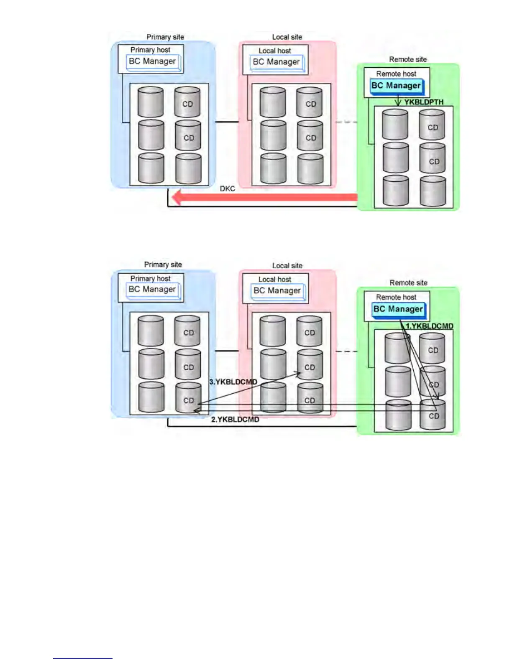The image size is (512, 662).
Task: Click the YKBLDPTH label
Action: click(x=423, y=102)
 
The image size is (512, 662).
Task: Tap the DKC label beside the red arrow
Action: click(x=228, y=189)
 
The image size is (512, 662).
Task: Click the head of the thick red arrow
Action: click(x=177, y=197)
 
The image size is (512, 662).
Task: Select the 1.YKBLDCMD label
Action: click(x=429, y=326)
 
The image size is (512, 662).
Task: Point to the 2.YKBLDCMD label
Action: click(x=235, y=420)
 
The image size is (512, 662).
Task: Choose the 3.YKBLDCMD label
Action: click(x=233, y=382)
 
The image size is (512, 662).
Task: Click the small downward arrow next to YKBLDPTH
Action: click(x=398, y=102)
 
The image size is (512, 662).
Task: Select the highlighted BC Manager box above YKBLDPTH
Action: click(x=396, y=86)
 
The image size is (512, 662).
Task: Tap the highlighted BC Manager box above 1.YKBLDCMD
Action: click(x=398, y=309)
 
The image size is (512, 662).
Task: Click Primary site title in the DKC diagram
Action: click(x=165, y=37)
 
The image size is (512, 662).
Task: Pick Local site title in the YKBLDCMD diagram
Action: click(x=287, y=265)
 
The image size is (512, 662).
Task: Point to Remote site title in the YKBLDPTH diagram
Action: click(x=408, y=59)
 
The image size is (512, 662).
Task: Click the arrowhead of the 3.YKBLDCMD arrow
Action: click(x=299, y=373)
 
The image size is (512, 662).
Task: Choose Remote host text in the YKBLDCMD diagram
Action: click(x=396, y=297)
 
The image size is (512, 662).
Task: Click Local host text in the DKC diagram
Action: click(x=275, y=51)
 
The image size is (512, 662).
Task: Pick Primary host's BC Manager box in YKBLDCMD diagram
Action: click(x=153, y=290)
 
